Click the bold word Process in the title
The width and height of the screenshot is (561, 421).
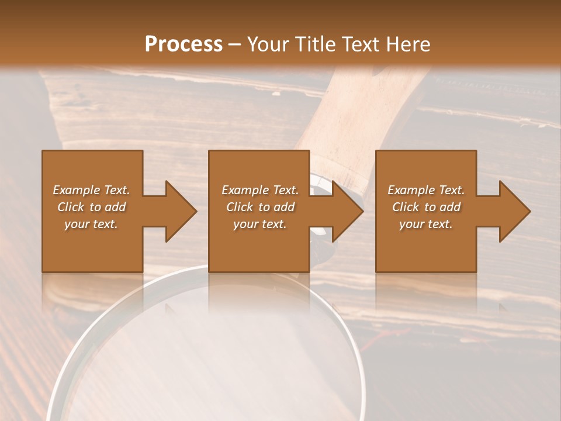183,44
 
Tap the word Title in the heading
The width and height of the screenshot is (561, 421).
316,44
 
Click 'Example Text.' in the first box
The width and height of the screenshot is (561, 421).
92,190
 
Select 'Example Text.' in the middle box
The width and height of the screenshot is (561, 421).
260,190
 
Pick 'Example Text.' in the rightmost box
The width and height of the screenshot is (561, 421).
426,190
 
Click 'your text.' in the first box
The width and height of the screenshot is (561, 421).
91,224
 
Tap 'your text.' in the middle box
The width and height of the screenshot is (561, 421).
259,224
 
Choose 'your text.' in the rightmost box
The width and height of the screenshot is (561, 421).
425,224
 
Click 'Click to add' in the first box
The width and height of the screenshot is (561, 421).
91,207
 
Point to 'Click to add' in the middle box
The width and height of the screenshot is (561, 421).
260,207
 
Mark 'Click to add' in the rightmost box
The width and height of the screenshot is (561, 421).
426,207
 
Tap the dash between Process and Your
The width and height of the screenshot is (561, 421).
234,44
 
